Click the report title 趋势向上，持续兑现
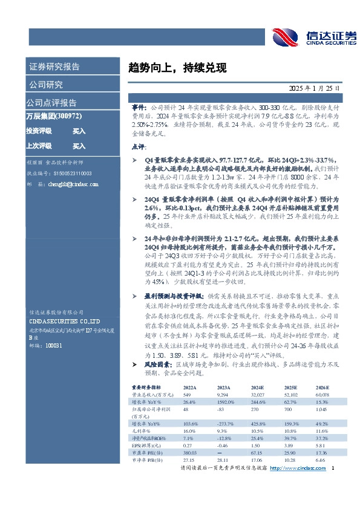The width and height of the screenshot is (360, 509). (170, 68)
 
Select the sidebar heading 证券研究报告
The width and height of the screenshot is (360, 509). (54, 67)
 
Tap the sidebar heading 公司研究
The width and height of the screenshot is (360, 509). (45, 85)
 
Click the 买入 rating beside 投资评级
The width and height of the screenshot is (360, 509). (79, 131)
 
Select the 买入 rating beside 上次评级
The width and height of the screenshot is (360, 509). (79, 146)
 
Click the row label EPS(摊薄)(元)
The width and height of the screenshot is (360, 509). (145, 446)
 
